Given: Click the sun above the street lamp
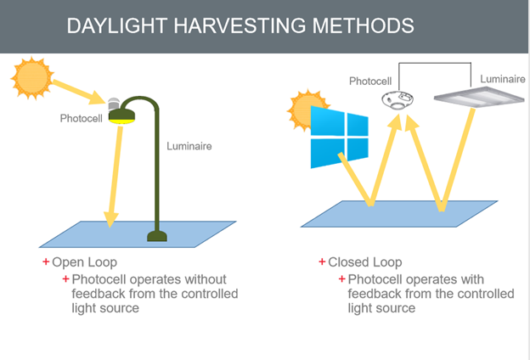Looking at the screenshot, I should [32, 77].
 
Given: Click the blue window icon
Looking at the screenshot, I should [339, 138].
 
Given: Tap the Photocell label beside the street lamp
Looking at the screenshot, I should [81, 118].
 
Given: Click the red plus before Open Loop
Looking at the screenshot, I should [46, 262].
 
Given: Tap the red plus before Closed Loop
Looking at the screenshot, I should [322, 262].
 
